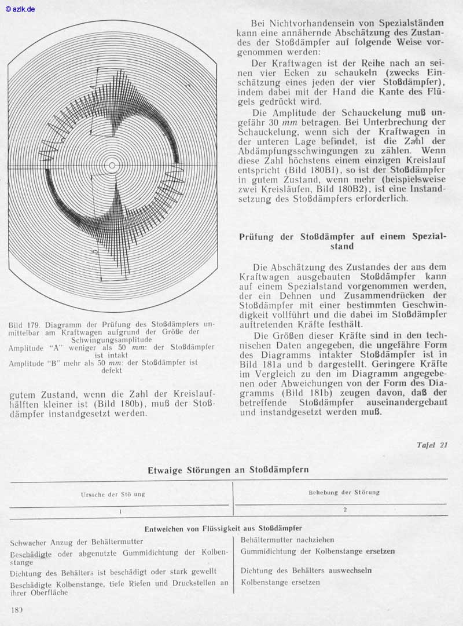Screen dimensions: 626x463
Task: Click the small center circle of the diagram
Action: [112, 167]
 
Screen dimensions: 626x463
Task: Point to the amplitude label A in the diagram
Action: [93, 87]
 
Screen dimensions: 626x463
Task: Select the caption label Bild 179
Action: [24, 325]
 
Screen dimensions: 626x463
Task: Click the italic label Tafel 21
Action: [431, 445]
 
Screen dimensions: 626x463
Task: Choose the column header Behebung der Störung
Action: [344, 492]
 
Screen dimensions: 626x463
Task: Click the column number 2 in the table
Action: [344, 510]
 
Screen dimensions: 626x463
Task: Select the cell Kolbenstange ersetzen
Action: [280, 583]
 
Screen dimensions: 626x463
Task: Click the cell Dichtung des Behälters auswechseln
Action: [306, 570]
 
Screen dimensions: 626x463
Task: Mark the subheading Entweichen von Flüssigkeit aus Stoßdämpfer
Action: [223, 528]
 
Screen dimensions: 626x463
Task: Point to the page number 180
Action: [17, 610]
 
